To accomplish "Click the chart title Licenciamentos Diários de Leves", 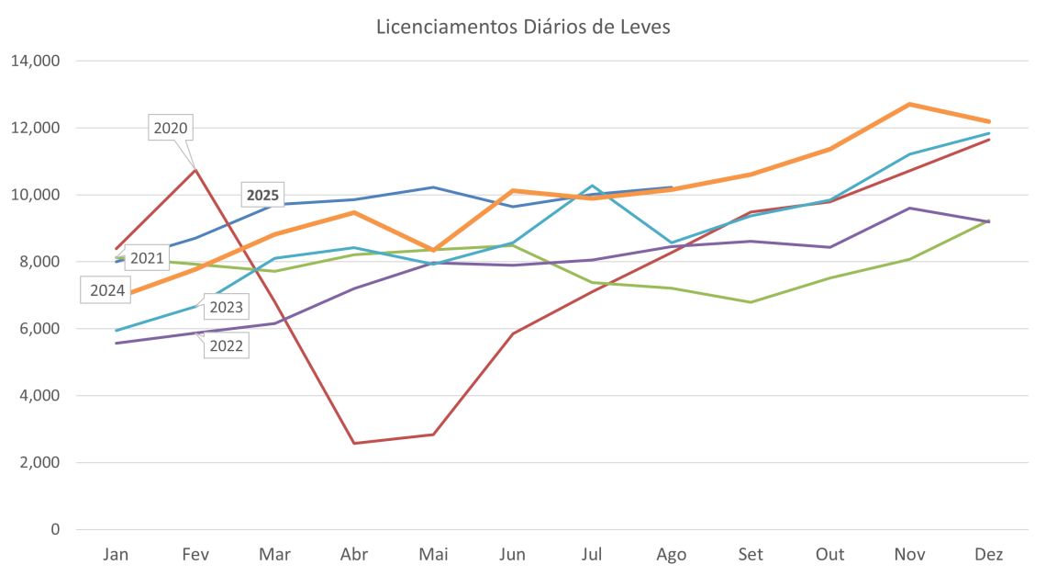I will pos(523,27).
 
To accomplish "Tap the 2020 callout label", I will pos(171,129).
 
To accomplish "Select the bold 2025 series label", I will pos(262,195).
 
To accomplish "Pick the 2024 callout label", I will pos(108,291).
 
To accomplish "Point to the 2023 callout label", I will pos(226,307).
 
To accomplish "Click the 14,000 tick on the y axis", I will pos(35,62).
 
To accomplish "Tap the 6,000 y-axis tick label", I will pos(39,329).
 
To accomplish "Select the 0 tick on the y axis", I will pos(54,530).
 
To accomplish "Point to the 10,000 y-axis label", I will pos(35,195).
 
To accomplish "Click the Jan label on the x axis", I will pos(116,555).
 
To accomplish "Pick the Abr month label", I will pos(354,555).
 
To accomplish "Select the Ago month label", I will pos(672,555).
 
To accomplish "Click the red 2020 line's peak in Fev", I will pos(195,168).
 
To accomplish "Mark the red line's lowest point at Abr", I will pos(354,443).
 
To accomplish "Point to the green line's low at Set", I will pos(751,301).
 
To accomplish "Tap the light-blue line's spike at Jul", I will pos(593,186).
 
